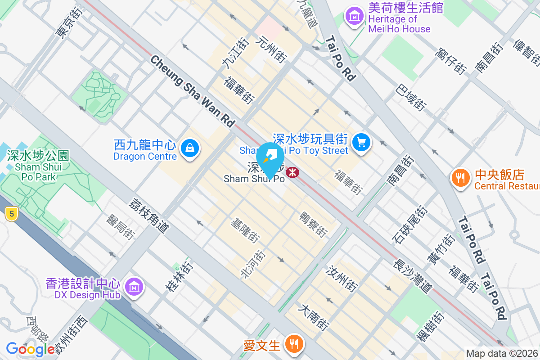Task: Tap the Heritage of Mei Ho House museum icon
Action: [x=354, y=16]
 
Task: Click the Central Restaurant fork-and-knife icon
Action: [x=459, y=178]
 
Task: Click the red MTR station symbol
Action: [x=292, y=172]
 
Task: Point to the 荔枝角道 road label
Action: [x=148, y=216]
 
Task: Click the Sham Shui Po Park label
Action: [x=38, y=166]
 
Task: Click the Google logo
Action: [x=31, y=349]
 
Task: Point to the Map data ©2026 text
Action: [x=502, y=354]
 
